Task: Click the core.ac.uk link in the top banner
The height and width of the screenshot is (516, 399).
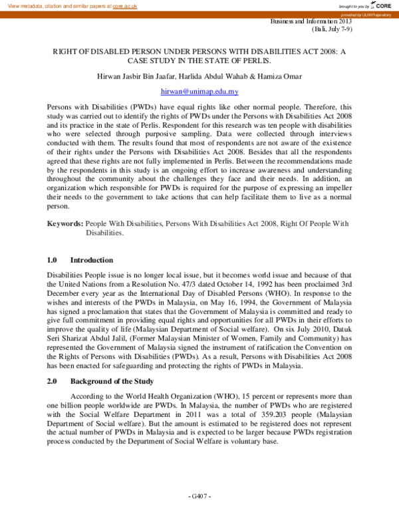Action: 124,5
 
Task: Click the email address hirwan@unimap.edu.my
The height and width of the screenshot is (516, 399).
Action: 199,91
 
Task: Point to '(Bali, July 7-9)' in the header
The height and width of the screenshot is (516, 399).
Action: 332,30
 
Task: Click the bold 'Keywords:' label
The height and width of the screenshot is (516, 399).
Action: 65,223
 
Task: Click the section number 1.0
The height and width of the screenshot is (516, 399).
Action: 53,260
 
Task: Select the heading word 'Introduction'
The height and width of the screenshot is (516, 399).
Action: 91,260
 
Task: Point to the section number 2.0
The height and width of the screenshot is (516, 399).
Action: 53,381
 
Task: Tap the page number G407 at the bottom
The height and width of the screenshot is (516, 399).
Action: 199,496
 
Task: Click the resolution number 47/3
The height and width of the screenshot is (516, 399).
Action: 184,283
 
